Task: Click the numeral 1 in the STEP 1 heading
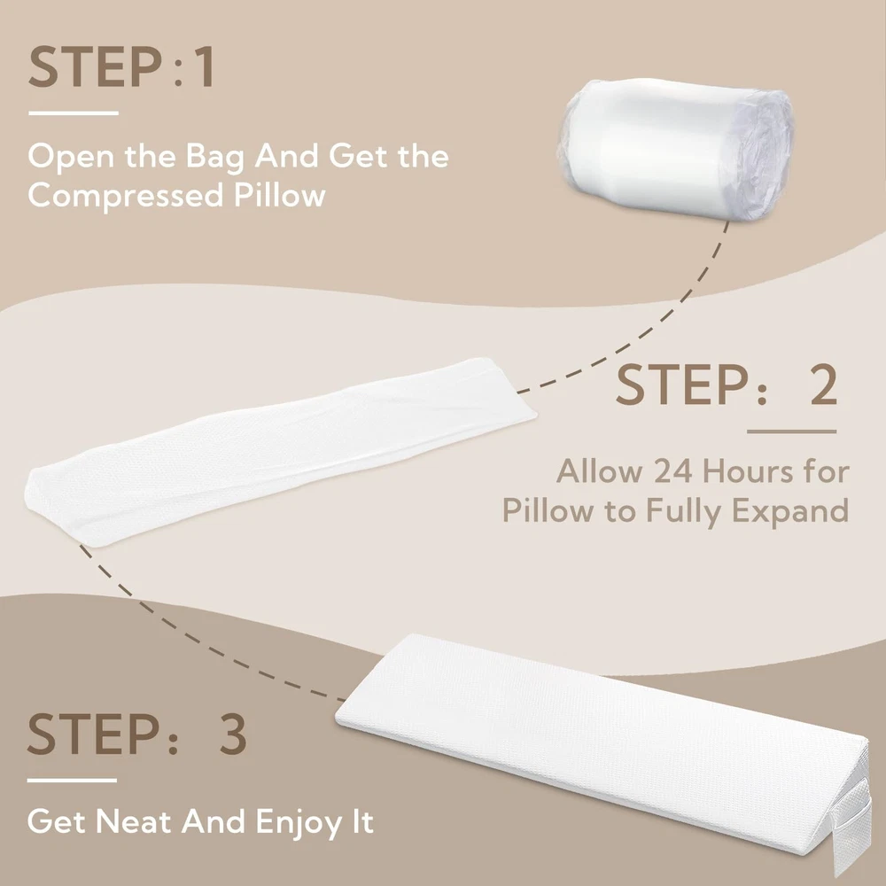point(204,67)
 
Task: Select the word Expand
point(790,511)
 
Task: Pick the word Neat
point(133,821)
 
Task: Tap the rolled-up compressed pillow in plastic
point(676,148)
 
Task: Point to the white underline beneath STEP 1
point(74,113)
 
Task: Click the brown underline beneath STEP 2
point(791,431)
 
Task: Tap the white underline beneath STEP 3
point(73,781)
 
